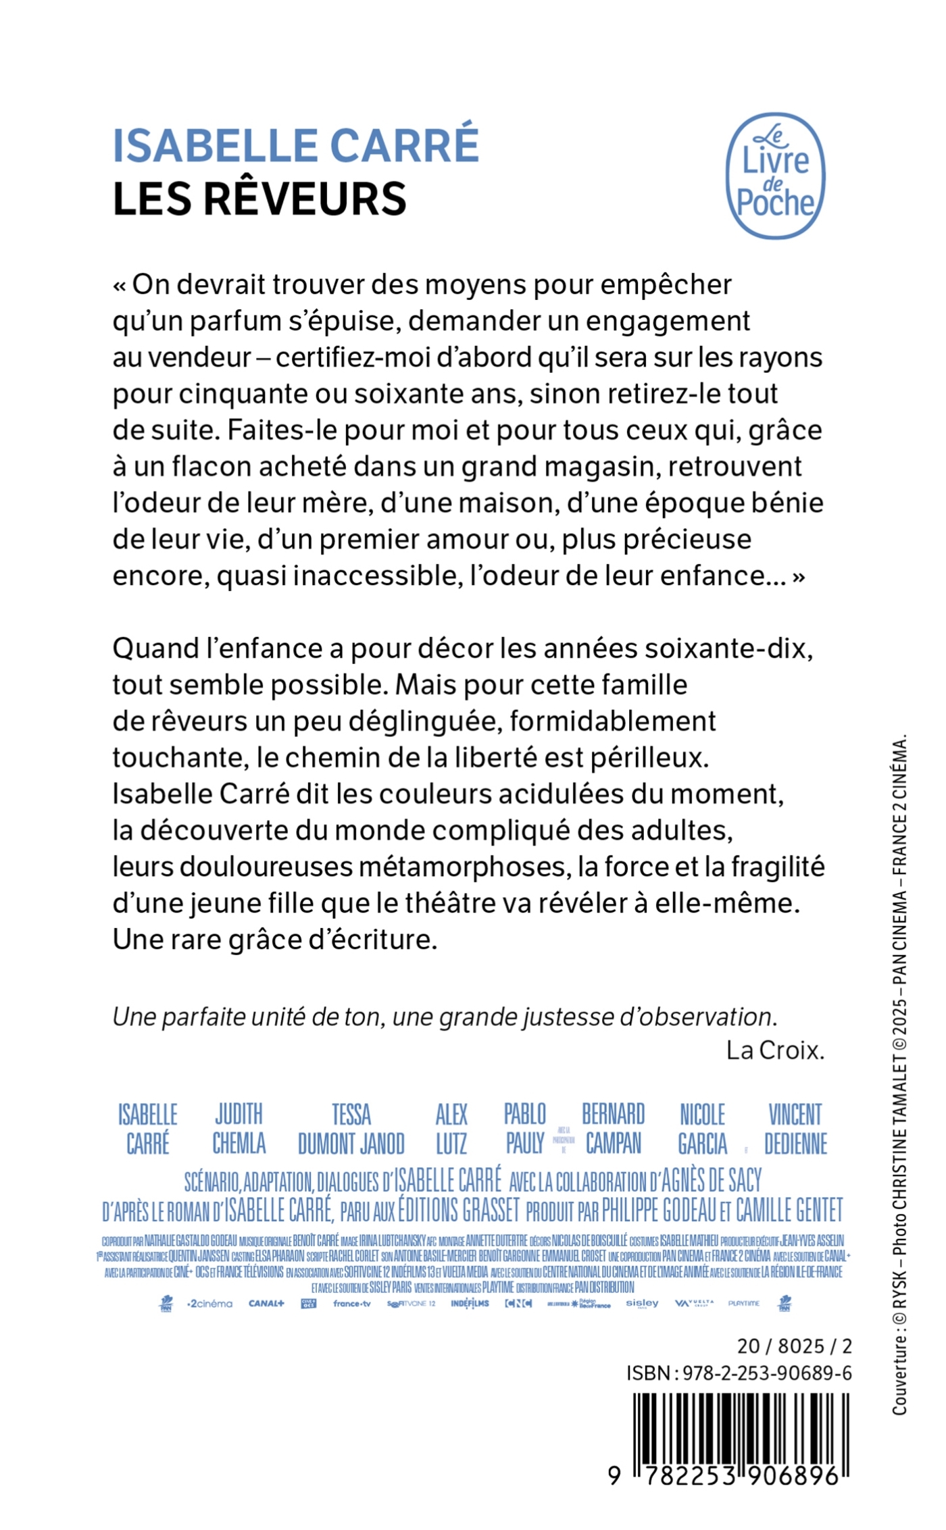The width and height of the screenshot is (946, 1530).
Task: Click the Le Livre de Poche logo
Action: (775, 176)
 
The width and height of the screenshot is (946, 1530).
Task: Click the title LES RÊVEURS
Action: (259, 199)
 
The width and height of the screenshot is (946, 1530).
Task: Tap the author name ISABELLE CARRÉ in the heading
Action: (296, 145)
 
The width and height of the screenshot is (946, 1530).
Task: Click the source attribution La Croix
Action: (775, 1050)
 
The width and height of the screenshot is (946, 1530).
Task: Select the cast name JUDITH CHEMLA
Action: (239, 1129)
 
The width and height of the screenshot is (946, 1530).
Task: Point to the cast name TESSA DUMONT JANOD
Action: (351, 1129)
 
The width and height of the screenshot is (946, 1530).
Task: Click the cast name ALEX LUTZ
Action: (451, 1129)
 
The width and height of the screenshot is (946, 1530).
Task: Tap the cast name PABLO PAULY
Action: (525, 1129)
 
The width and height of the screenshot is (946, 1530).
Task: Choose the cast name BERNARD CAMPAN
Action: (614, 1129)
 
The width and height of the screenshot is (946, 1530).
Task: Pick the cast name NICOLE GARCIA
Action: (703, 1129)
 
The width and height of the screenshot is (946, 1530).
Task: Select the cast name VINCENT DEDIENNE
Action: (795, 1129)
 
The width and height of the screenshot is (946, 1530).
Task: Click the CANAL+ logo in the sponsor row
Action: (266, 1304)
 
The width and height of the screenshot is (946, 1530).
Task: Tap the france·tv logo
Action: (352, 1304)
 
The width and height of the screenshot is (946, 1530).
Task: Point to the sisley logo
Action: (642, 1303)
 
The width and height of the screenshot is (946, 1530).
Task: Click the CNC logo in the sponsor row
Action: (519, 1304)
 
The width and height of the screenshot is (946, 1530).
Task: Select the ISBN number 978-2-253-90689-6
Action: (767, 1373)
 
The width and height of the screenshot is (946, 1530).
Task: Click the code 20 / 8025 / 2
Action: (795, 1346)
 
